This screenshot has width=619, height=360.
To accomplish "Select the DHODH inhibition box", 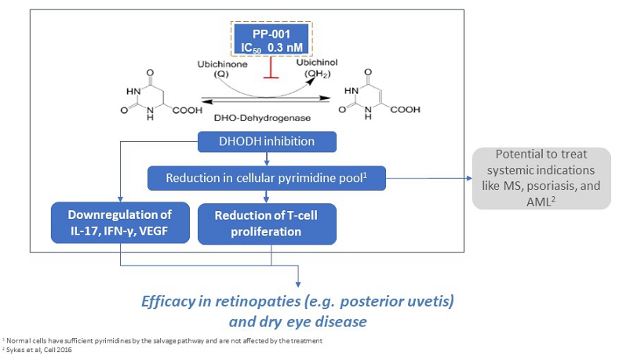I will tap(269, 142).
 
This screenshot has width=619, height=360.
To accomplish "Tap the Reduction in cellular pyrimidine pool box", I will tap(268, 179).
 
